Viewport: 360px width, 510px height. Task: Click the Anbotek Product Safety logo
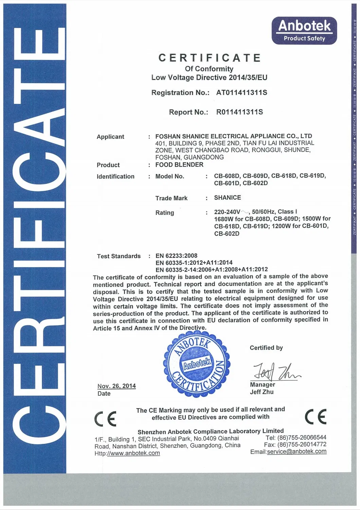click(x=304, y=31)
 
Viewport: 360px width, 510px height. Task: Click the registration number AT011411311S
click(x=241, y=93)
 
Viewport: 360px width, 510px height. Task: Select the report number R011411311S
click(x=239, y=112)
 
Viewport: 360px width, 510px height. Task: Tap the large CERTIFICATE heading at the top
click(x=210, y=58)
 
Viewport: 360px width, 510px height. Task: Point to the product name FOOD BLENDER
click(x=179, y=165)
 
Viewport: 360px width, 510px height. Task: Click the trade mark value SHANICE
click(x=228, y=198)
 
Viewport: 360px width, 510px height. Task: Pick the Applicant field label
click(x=110, y=137)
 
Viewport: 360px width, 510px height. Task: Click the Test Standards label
click(x=119, y=256)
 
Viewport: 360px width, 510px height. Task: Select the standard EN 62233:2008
click(x=176, y=256)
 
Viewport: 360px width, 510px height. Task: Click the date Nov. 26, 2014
click(x=116, y=386)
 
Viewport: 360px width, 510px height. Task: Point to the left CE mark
click(x=106, y=418)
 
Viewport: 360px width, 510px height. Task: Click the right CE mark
click(x=316, y=416)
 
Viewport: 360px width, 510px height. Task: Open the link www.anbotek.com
click(x=133, y=453)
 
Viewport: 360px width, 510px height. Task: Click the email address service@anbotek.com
click(x=297, y=452)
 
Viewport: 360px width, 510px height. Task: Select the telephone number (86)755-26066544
click(x=302, y=437)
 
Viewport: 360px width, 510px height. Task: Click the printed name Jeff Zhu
click(x=262, y=392)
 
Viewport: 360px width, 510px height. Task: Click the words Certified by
click(x=266, y=348)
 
